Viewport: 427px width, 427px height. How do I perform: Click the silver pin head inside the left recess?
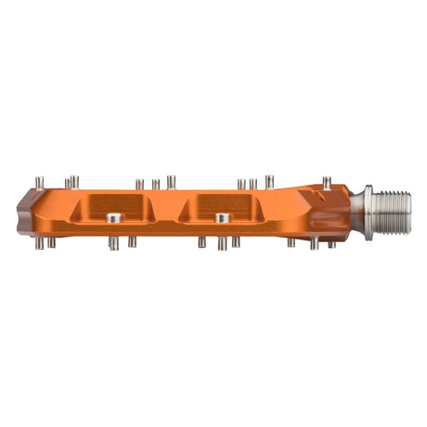coord(113,218)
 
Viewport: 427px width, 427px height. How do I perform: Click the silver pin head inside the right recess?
coord(223,218)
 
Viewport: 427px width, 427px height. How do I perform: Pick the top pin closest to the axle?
coord(327,182)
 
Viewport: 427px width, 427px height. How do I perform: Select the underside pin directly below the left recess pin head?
coord(113,244)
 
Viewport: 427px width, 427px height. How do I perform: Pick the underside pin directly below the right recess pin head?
coord(222,244)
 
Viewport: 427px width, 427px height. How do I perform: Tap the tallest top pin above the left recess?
coord(172,181)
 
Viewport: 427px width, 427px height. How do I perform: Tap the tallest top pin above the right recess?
coord(269,181)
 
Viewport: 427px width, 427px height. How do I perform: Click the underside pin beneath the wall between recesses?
coord(201,242)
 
